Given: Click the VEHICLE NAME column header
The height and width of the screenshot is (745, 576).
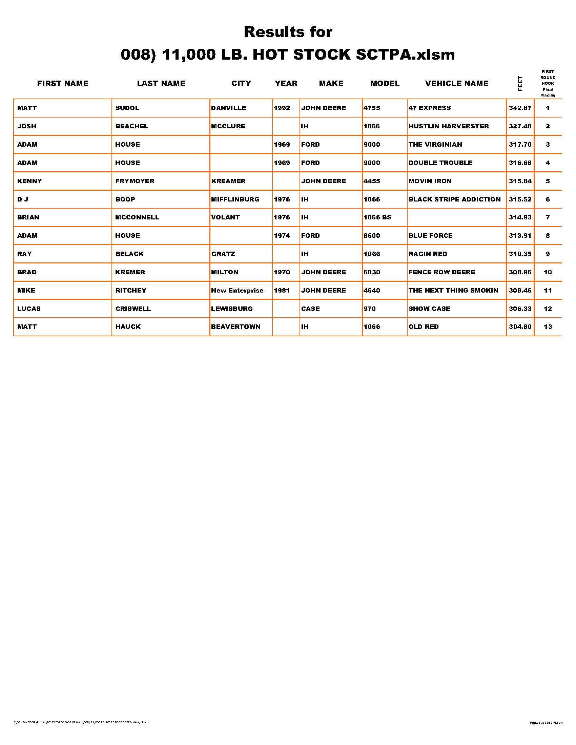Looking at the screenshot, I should pyautogui.click(x=457, y=84).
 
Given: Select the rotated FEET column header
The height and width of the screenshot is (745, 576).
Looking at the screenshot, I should pyautogui.click(x=520, y=84).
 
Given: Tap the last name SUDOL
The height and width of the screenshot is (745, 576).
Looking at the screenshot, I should pyautogui.click(x=127, y=108).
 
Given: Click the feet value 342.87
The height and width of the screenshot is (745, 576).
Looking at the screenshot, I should pyautogui.click(x=520, y=108).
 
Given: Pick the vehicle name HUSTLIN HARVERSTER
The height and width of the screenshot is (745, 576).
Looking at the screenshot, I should pyautogui.click(x=448, y=126).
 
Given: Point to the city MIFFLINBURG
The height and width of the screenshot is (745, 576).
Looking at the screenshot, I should pyautogui.click(x=235, y=199).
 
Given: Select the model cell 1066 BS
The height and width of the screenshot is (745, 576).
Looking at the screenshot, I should pyautogui.click(x=377, y=217).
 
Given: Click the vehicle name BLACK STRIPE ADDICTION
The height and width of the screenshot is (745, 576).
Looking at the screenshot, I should pyautogui.click(x=454, y=199).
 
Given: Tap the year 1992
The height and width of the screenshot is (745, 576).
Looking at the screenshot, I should pyautogui.click(x=282, y=108).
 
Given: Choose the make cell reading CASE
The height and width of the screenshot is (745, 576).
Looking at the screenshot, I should pyautogui.click(x=310, y=309).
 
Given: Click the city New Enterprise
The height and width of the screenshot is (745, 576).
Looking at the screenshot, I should pyautogui.click(x=237, y=291).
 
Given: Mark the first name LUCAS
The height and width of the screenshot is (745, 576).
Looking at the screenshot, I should pyautogui.click(x=29, y=309).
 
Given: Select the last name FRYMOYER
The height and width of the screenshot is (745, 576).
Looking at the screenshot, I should pyautogui.click(x=135, y=181).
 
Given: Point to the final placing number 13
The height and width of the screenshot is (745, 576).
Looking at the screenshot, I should pyautogui.click(x=548, y=327).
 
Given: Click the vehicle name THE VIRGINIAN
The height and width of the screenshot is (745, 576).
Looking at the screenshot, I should pyautogui.click(x=435, y=145).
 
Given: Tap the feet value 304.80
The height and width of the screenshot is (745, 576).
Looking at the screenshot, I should pyautogui.click(x=520, y=327).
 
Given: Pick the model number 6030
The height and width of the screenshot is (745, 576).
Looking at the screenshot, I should pyautogui.click(x=372, y=272).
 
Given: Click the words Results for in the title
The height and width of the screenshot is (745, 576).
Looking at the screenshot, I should pyautogui.click(x=288, y=32).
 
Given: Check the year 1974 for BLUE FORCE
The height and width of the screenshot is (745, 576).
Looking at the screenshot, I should pyautogui.click(x=282, y=236).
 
